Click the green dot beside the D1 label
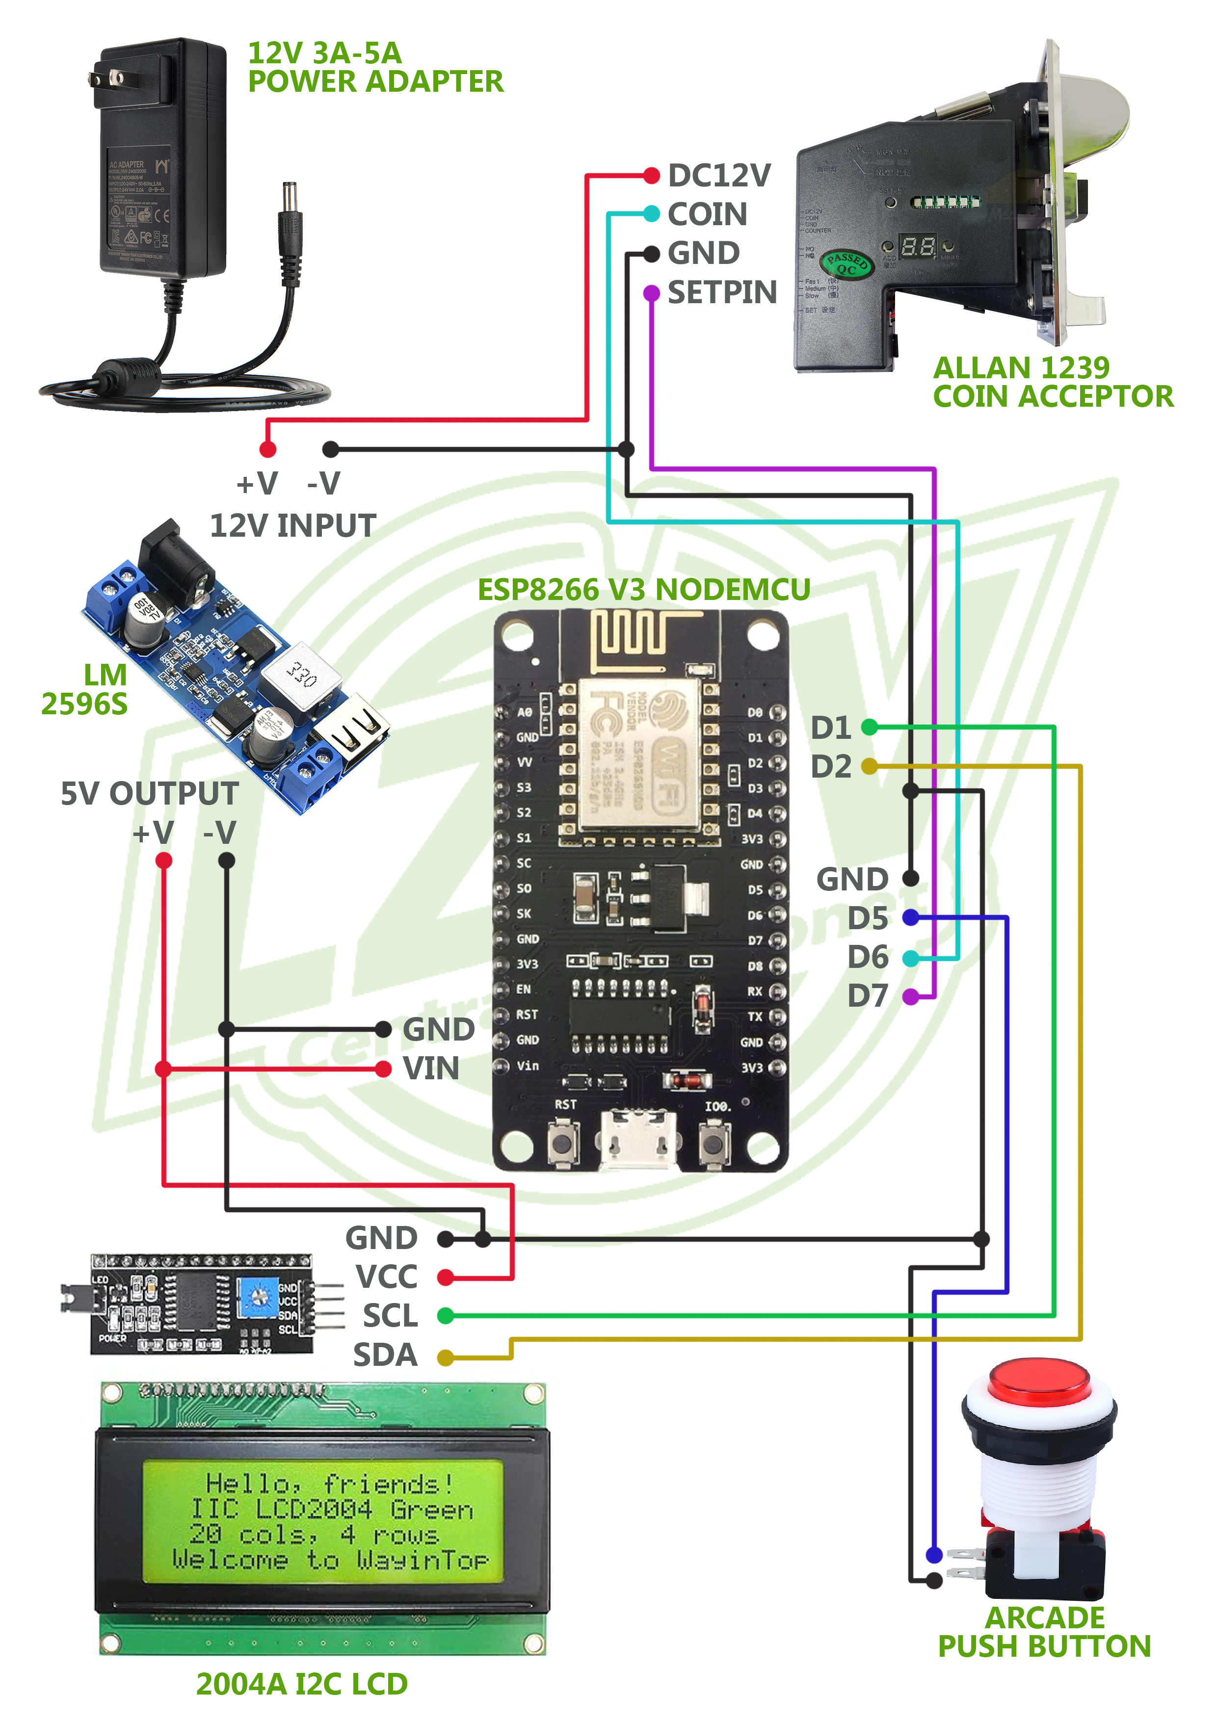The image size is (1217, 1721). coord(869,727)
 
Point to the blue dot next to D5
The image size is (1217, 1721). coord(910,917)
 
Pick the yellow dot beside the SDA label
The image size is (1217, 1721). coord(446,1357)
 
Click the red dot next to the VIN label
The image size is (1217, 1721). coord(383,1069)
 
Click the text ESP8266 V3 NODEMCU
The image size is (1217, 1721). coord(643,589)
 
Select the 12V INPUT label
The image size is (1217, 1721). coord(292,525)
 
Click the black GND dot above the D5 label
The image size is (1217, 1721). coord(910,878)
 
